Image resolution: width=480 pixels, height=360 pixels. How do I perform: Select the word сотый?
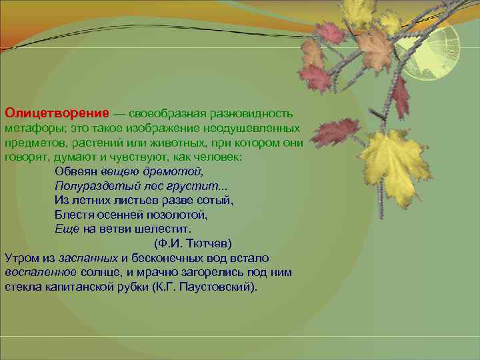click(214, 200)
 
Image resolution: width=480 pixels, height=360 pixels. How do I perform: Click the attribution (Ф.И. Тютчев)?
click(193, 243)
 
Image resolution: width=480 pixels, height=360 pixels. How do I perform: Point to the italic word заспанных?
click(89, 258)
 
